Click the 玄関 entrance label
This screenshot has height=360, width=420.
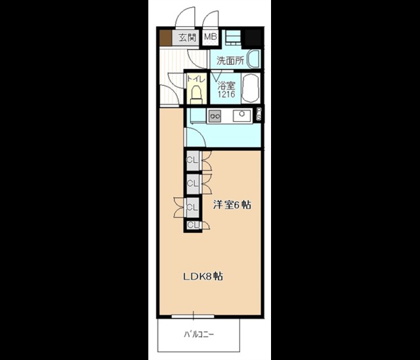coord(188,37)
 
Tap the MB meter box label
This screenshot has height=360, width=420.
coord(210,37)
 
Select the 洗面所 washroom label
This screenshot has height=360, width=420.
coord(230,61)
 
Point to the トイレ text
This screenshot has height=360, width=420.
coord(196,79)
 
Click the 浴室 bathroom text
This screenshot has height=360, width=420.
coord(226,86)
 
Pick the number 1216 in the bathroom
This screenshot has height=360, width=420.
coord(226,94)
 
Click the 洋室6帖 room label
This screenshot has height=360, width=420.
coord(232,205)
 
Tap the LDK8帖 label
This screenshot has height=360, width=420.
coord(203,276)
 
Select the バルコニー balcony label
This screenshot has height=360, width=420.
coord(199,334)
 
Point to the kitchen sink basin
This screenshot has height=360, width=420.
coord(241,115)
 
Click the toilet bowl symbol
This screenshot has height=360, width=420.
coord(196,94)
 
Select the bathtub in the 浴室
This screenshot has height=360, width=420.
coord(250,89)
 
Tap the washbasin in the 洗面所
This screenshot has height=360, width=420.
coord(253,58)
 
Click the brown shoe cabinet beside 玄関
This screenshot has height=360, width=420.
coord(165,37)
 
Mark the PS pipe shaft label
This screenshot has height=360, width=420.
coord(259,114)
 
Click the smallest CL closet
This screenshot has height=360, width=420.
coord(193,225)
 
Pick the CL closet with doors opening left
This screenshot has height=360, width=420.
coord(193,207)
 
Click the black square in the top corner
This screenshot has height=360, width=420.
coord(253,37)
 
